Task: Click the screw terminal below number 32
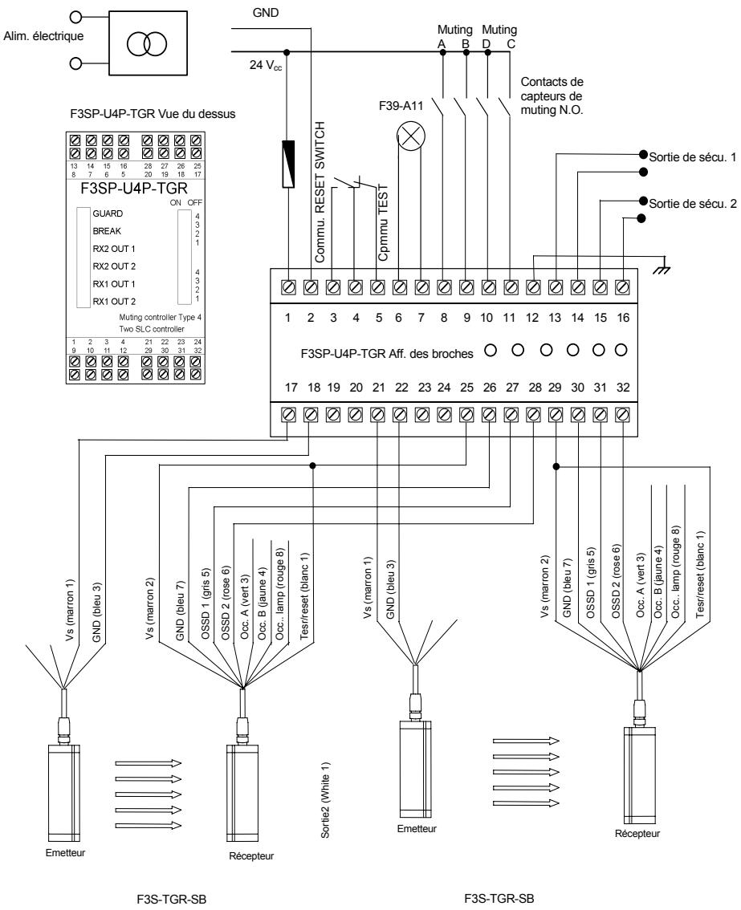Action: [x=621, y=415]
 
